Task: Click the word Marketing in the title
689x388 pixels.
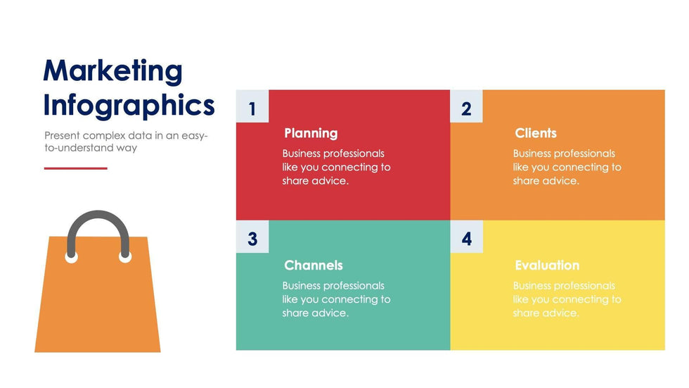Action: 112,71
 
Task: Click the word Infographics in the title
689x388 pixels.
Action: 129,106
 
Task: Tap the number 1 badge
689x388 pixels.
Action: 252,106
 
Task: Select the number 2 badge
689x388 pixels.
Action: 466,106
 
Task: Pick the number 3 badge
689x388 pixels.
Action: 252,237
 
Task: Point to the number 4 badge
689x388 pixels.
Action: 466,237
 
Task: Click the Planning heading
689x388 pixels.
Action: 311,133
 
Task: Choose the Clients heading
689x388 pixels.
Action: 536,133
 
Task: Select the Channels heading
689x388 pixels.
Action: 314,265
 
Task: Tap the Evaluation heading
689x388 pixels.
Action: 547,265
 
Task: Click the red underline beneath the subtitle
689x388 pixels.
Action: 76,168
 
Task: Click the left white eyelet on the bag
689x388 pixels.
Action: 72,257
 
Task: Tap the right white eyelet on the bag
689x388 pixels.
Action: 125,257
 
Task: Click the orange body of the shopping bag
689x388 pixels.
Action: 98,308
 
